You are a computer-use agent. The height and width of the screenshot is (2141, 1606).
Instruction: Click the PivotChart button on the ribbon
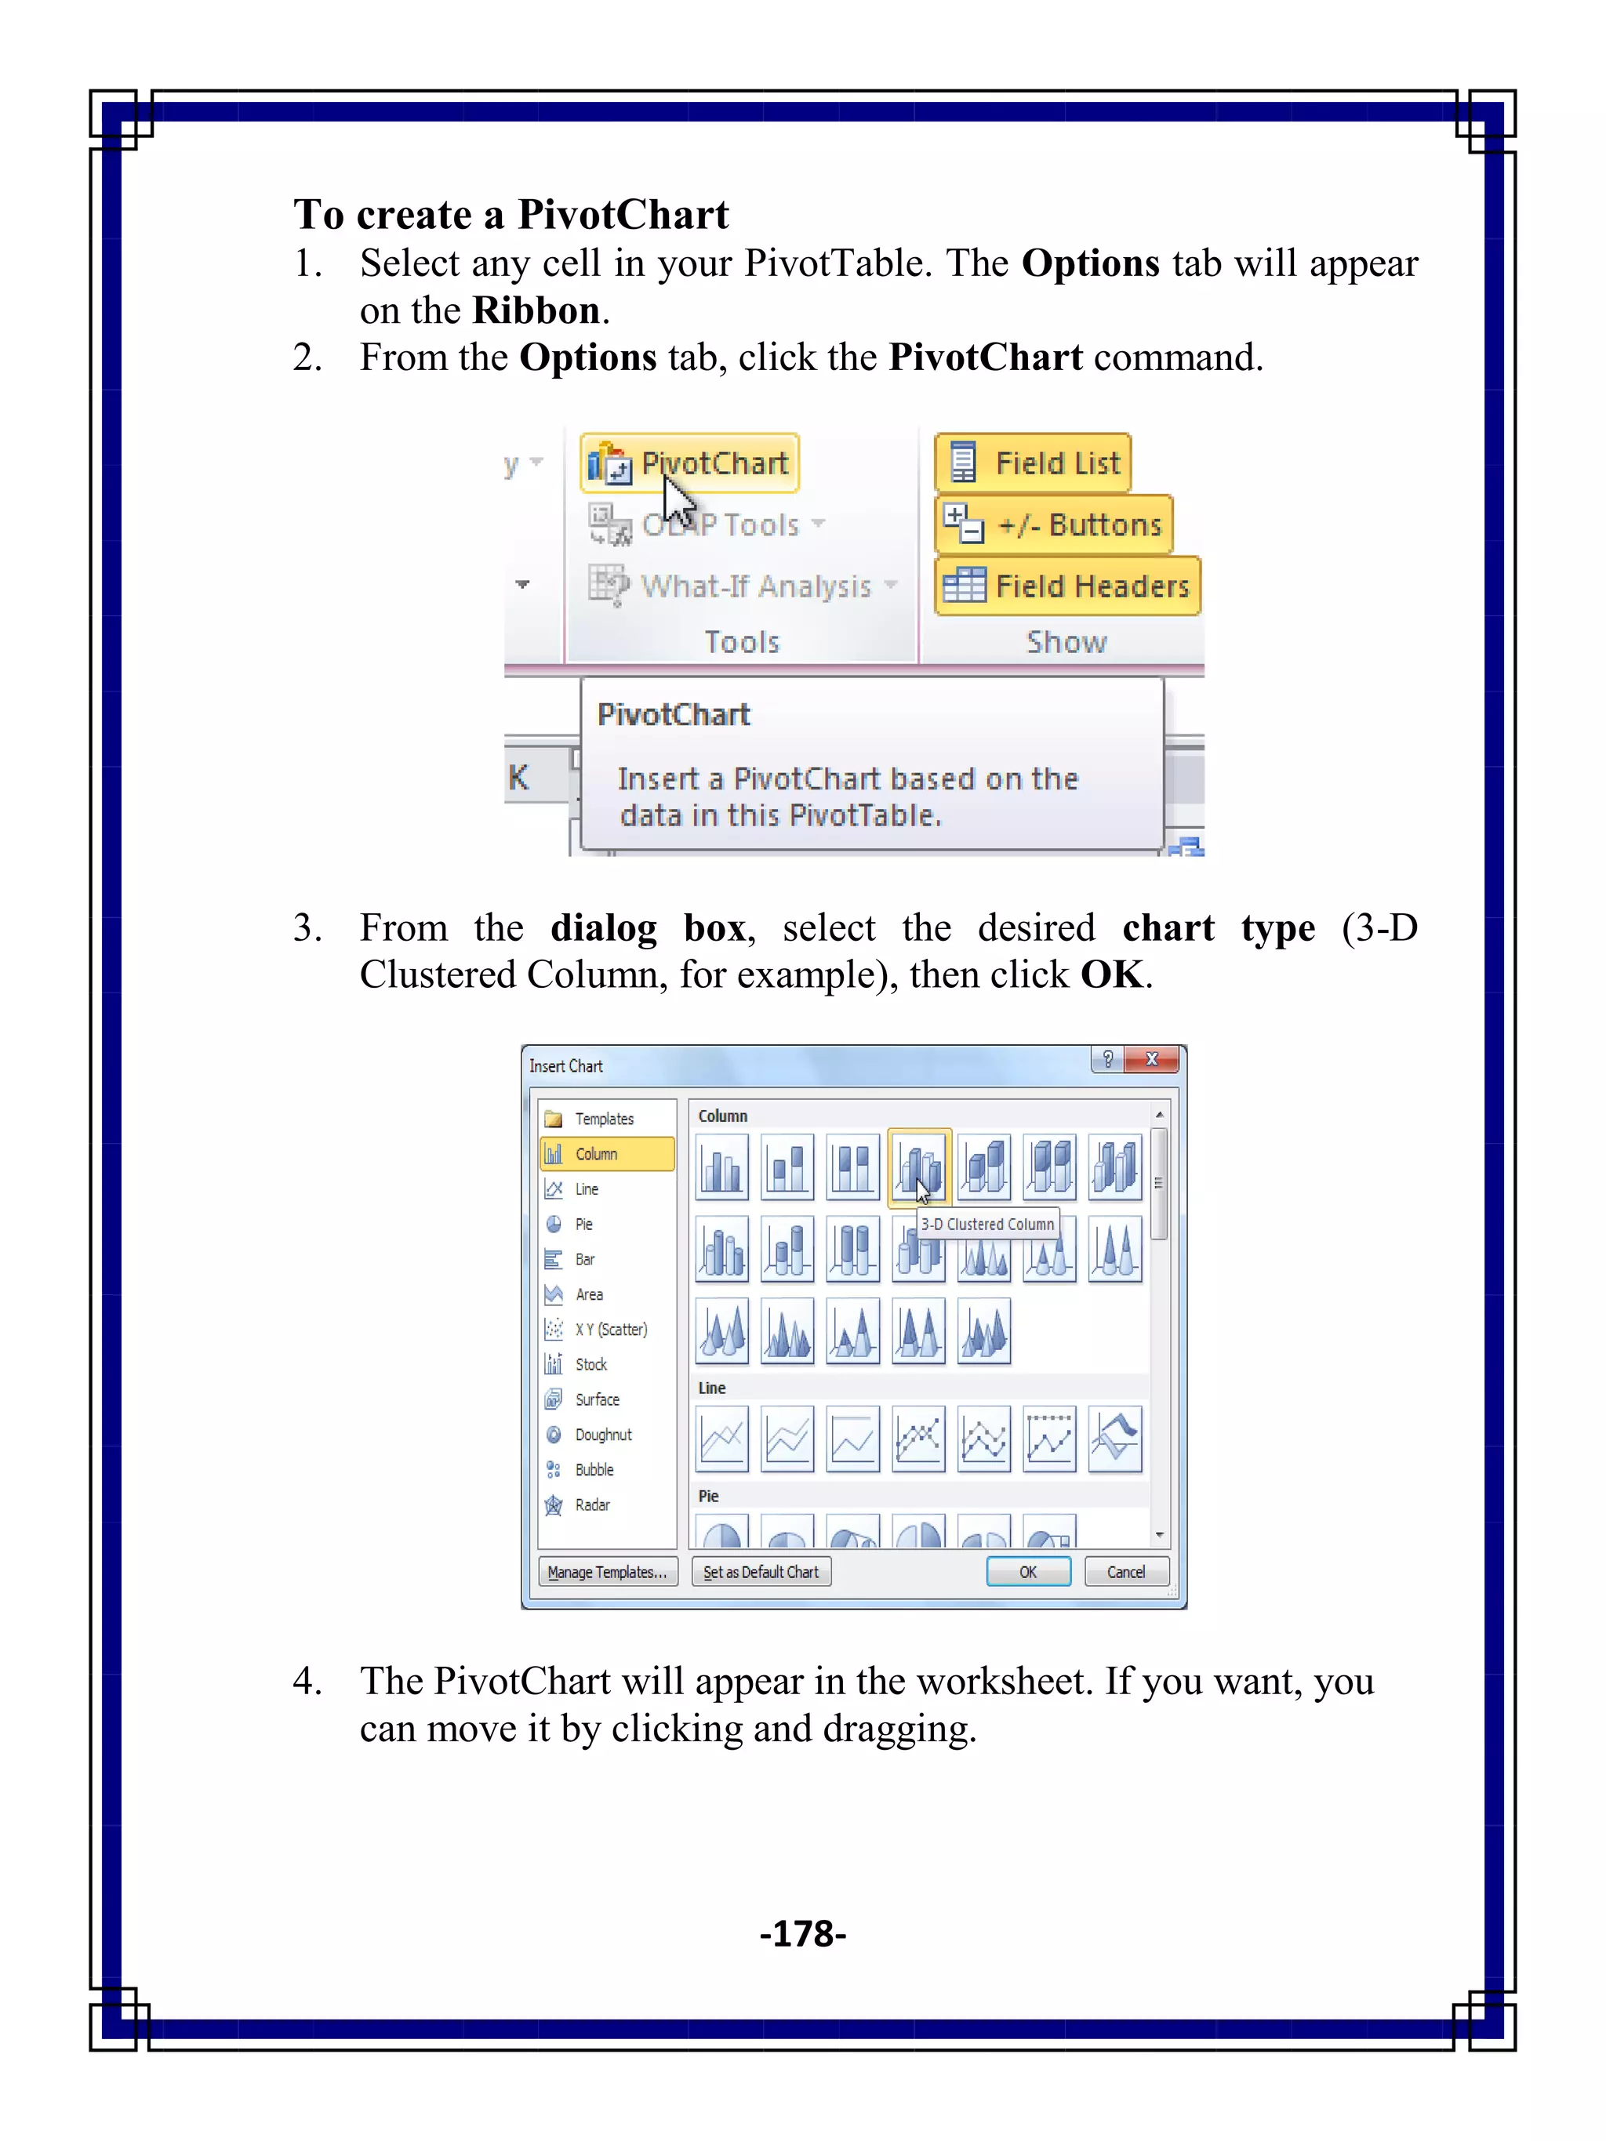tap(689, 463)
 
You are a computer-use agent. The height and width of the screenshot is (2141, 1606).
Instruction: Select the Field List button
tap(1032, 463)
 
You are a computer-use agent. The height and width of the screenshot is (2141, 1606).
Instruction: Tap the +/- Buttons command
tap(1053, 524)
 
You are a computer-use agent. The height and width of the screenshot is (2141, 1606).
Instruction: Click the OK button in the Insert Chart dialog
tap(1027, 1572)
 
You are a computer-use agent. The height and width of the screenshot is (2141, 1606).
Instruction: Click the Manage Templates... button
tap(607, 1572)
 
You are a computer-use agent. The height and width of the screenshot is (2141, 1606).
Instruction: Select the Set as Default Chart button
tap(761, 1572)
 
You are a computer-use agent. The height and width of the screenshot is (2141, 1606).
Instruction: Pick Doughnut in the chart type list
tap(602, 1435)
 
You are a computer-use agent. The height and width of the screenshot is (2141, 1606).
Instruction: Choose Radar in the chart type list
tap(591, 1504)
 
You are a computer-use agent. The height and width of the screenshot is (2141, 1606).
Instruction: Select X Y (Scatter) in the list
tap(610, 1329)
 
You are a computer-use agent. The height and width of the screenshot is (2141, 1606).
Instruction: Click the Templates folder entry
tap(603, 1119)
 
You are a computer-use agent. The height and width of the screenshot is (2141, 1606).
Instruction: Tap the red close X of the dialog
tap(1152, 1059)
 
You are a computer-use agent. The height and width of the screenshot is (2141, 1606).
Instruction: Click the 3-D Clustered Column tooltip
tap(986, 1225)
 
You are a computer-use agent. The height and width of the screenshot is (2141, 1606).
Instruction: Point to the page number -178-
tap(802, 1934)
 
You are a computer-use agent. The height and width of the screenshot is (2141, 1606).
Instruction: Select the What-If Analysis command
tap(754, 586)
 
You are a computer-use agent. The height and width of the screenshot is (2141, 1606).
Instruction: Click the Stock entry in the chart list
tap(590, 1364)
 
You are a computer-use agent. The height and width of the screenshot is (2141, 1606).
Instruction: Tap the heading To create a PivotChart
tap(511, 214)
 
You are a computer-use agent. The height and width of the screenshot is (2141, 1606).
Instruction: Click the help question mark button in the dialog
tap(1107, 1059)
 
